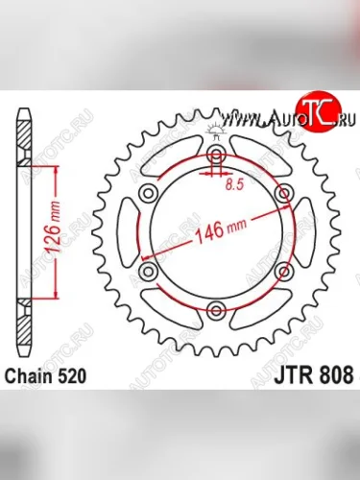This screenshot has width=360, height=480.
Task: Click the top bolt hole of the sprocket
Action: tap(216, 156)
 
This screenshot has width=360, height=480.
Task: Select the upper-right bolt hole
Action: tap(283, 194)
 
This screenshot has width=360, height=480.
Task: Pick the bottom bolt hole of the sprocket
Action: tap(216, 310)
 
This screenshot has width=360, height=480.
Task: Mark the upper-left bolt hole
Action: tap(149, 194)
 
